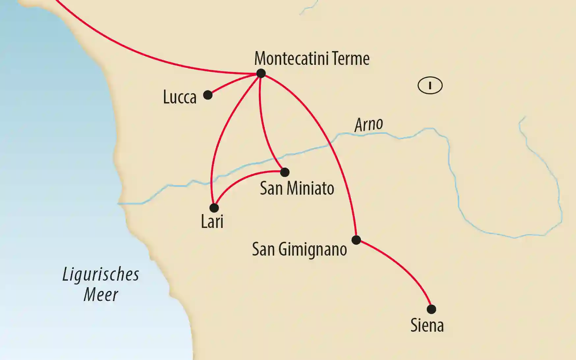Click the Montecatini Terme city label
click(x=312, y=59)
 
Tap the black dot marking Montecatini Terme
click(x=261, y=73)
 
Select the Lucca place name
click(x=180, y=97)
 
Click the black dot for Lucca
click(x=208, y=95)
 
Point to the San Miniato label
click(x=297, y=188)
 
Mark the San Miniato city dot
click(x=285, y=172)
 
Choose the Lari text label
click(x=212, y=221)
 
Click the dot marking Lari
click(x=214, y=208)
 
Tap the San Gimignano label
click(x=299, y=249)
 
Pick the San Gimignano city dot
click(x=356, y=240)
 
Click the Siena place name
click(x=427, y=325)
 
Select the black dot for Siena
click(x=431, y=309)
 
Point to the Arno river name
click(x=369, y=125)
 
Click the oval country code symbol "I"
click(x=430, y=86)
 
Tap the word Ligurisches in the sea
click(x=101, y=274)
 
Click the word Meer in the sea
click(x=101, y=294)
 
